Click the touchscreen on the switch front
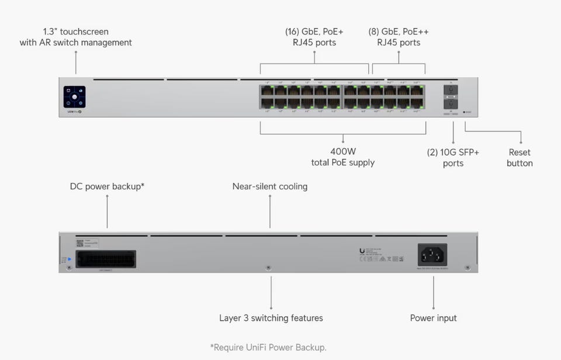[x=75, y=96]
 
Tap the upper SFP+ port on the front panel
[x=451, y=90]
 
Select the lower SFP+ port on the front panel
[x=451, y=103]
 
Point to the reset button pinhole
[x=465, y=111]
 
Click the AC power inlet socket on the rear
[x=432, y=255]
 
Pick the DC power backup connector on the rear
[x=106, y=258]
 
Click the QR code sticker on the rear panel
[x=80, y=242]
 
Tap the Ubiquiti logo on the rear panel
[x=362, y=251]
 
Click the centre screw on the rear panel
[x=268, y=268]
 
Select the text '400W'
[x=343, y=151]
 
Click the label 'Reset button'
[x=520, y=158]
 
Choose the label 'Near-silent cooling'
[x=270, y=186]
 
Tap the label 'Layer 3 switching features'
[x=271, y=318]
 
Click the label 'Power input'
[x=434, y=318]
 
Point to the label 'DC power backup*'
[x=108, y=186]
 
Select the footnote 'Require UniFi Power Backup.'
[x=268, y=347]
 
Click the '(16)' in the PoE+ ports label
[x=292, y=32]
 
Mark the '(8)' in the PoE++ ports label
[x=374, y=32]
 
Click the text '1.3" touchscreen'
[x=76, y=32]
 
